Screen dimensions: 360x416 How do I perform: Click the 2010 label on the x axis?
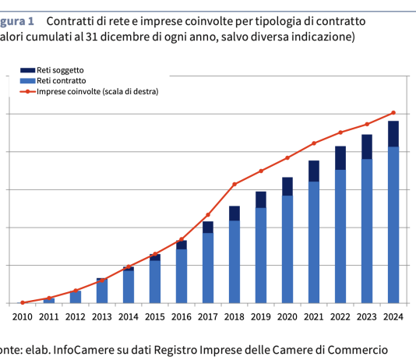tap(23, 316)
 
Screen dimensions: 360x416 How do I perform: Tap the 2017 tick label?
tap(208, 316)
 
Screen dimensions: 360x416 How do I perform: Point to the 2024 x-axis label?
tap(393, 316)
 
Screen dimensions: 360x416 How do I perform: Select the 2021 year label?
tap(313, 316)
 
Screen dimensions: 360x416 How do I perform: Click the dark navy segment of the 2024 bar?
tap(393, 133)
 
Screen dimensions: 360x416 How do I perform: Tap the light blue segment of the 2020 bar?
tap(287, 249)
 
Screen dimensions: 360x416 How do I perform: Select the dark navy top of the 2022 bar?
tap(340, 157)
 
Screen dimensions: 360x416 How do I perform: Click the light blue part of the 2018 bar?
tap(234, 261)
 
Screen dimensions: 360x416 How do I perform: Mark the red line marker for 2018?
tap(234, 184)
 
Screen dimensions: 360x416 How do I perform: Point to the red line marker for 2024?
tap(393, 113)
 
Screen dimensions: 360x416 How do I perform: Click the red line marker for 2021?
tap(314, 143)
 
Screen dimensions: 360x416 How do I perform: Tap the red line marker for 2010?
tap(23, 302)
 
